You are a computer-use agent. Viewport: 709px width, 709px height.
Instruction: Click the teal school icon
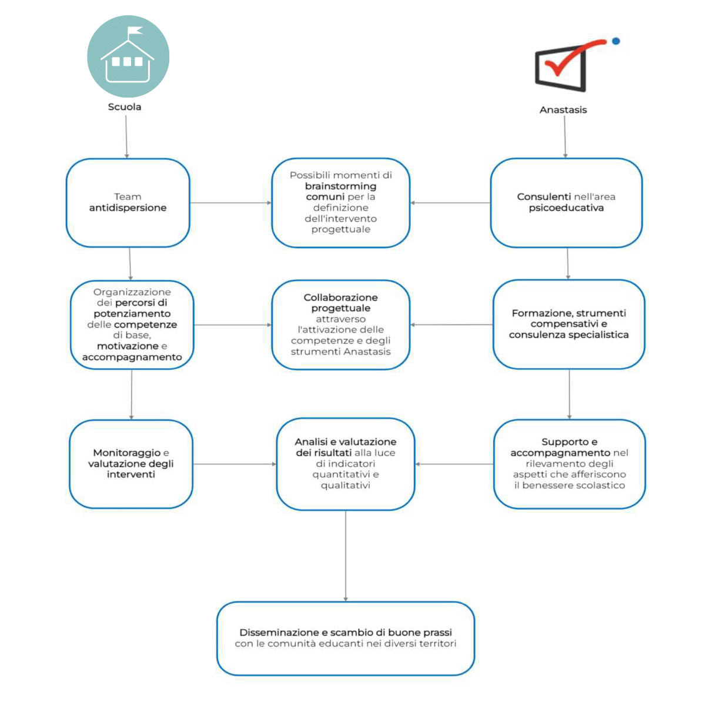[x=128, y=56]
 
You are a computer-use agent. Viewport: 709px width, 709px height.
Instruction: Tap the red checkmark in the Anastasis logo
[x=573, y=57]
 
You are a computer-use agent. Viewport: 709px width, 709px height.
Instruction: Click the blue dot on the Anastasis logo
[x=616, y=41]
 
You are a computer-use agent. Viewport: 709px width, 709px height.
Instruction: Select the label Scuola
[x=125, y=107]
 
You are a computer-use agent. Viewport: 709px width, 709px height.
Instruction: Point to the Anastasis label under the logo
[x=563, y=110]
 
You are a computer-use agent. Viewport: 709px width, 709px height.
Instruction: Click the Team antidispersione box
[x=128, y=203]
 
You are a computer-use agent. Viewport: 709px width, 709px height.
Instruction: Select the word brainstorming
[x=340, y=186]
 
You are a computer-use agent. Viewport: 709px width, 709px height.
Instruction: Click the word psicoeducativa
[x=566, y=208]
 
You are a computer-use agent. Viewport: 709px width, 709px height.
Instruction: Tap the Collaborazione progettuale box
[x=341, y=325]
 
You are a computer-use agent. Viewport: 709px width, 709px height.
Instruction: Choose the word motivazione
[x=128, y=346]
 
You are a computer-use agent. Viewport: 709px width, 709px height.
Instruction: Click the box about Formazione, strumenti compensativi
[x=569, y=324]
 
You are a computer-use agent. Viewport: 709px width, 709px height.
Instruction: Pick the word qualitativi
[x=346, y=486]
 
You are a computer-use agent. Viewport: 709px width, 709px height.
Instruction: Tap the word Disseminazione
[x=279, y=633]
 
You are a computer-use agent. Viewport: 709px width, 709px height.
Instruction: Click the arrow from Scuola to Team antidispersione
[x=126, y=137]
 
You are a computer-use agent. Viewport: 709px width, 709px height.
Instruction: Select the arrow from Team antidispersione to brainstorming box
[x=230, y=203]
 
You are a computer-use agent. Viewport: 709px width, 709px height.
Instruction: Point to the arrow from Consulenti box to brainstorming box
[x=450, y=203]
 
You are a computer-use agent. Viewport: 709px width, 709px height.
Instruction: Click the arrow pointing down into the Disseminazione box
[x=346, y=556]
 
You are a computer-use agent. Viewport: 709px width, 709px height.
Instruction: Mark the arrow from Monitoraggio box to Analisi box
[x=235, y=464]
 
